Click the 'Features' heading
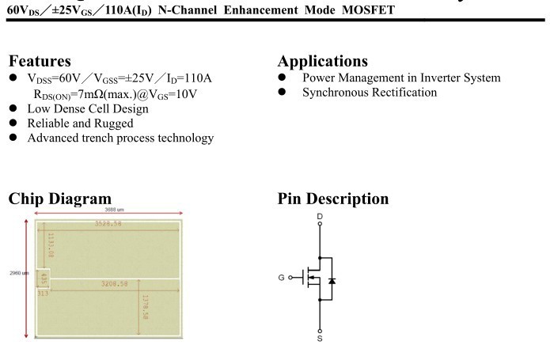click(40, 62)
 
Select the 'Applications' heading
click(322, 62)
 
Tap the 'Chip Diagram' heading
click(59, 199)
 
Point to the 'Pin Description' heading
click(332, 199)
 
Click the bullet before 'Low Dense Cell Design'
click(13, 108)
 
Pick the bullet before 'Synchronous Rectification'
click(283, 93)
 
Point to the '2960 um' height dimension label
click(19, 274)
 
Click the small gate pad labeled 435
click(44, 279)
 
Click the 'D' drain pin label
click(320, 216)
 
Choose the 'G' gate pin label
click(281, 278)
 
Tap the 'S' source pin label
click(320, 339)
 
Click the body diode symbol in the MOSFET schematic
click(331, 280)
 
